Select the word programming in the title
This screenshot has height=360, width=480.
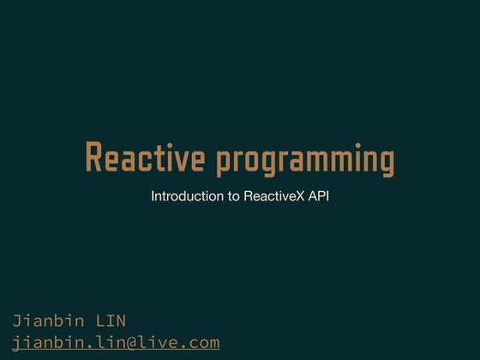click(x=305, y=161)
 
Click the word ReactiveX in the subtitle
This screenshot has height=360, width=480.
click(x=274, y=196)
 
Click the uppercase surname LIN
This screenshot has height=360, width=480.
click(x=110, y=321)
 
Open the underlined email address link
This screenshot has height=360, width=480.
click(x=116, y=343)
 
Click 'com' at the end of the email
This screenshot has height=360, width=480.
click(x=204, y=343)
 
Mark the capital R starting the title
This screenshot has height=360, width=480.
click(x=94, y=159)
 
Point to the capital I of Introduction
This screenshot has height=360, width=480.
click(x=153, y=196)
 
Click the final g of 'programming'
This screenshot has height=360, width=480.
click(x=387, y=163)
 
